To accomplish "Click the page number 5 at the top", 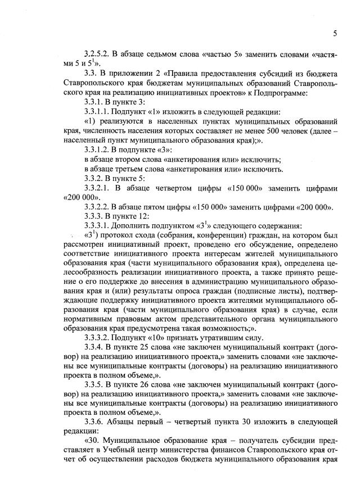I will coord(335,34).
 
